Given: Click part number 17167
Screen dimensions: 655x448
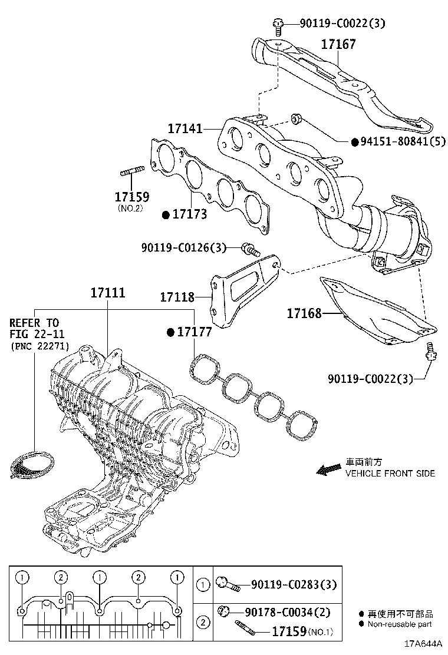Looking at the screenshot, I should [338, 44].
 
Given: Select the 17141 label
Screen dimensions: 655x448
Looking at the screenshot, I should [185, 128].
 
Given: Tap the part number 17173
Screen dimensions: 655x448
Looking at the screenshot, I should [190, 214].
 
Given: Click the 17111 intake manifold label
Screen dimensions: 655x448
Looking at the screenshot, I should [108, 293].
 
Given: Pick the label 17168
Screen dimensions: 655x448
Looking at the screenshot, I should [304, 314].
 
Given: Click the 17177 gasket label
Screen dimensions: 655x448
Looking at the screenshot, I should [195, 333].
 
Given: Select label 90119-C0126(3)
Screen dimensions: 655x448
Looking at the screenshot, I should [183, 248].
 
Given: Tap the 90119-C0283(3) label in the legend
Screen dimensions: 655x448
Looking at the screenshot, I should [294, 585].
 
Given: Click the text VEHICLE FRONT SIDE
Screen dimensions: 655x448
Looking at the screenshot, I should [390, 473].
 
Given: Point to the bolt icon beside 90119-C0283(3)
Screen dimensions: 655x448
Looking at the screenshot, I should [228, 585].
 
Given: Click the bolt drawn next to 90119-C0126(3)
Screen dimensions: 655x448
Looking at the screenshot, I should [251, 250].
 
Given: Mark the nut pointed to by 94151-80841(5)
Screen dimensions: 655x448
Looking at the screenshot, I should [297, 120].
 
